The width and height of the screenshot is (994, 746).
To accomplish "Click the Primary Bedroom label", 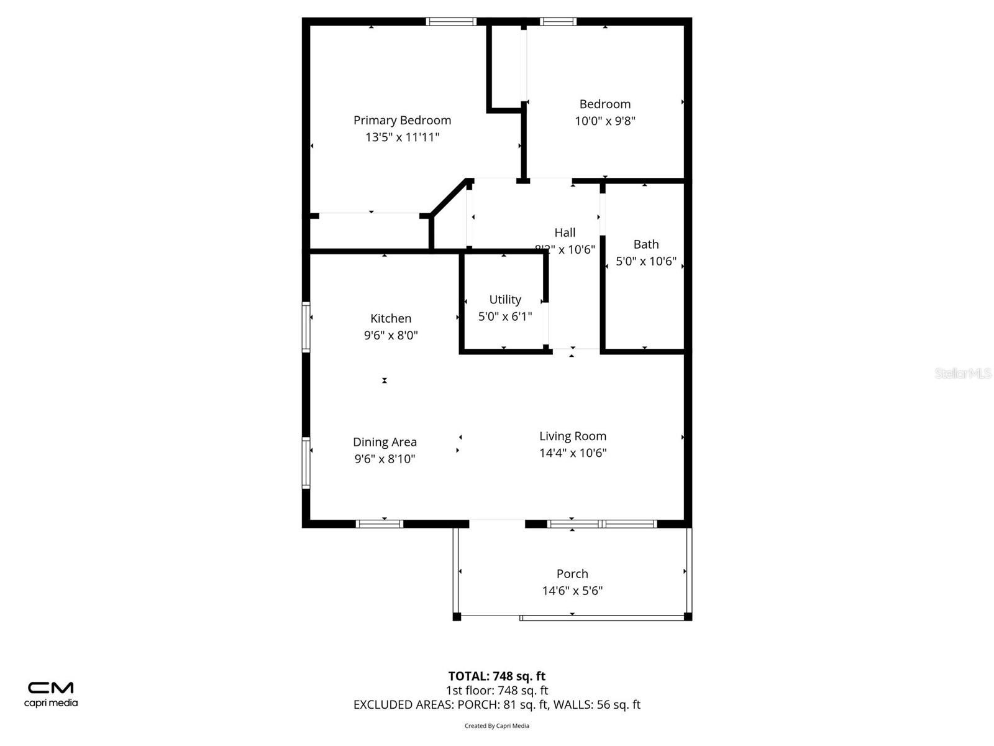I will pyautogui.click(x=402, y=120).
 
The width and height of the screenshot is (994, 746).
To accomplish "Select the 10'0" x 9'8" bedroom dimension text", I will pyautogui.click(x=605, y=121).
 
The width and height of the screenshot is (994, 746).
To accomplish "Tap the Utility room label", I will pyautogui.click(x=505, y=300).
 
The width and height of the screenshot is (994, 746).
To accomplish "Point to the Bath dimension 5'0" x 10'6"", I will pyautogui.click(x=645, y=261).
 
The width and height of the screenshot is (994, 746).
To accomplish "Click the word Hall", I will pyautogui.click(x=565, y=233).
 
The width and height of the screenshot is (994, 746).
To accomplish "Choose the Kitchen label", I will pyautogui.click(x=391, y=318).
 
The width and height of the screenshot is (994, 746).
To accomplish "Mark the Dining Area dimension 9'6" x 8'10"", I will pyautogui.click(x=385, y=459).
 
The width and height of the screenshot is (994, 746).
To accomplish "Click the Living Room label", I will pyautogui.click(x=572, y=436).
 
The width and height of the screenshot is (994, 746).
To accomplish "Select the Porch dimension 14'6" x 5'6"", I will pyautogui.click(x=572, y=591).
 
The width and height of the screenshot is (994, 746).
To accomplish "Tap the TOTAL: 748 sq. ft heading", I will pyautogui.click(x=496, y=676).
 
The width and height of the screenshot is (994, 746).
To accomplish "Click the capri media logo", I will pyautogui.click(x=51, y=694).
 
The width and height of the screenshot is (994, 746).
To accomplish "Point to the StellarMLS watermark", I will pyautogui.click(x=962, y=373).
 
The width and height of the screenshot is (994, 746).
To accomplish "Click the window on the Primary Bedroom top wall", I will pyautogui.click(x=451, y=22).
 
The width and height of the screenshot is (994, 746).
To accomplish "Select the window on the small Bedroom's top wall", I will pyautogui.click(x=558, y=22).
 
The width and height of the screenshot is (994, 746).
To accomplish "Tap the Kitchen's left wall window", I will pyautogui.click(x=306, y=327).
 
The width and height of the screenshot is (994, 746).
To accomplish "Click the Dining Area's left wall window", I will pyautogui.click(x=306, y=463).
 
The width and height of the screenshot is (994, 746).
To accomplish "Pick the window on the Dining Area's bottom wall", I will pyautogui.click(x=380, y=524).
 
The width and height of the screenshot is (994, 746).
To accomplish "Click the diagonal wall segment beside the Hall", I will pyautogui.click(x=449, y=198).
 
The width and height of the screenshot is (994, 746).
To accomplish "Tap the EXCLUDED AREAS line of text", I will pyautogui.click(x=496, y=704).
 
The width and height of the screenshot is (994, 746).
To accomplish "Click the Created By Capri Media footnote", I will pyautogui.click(x=496, y=725).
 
